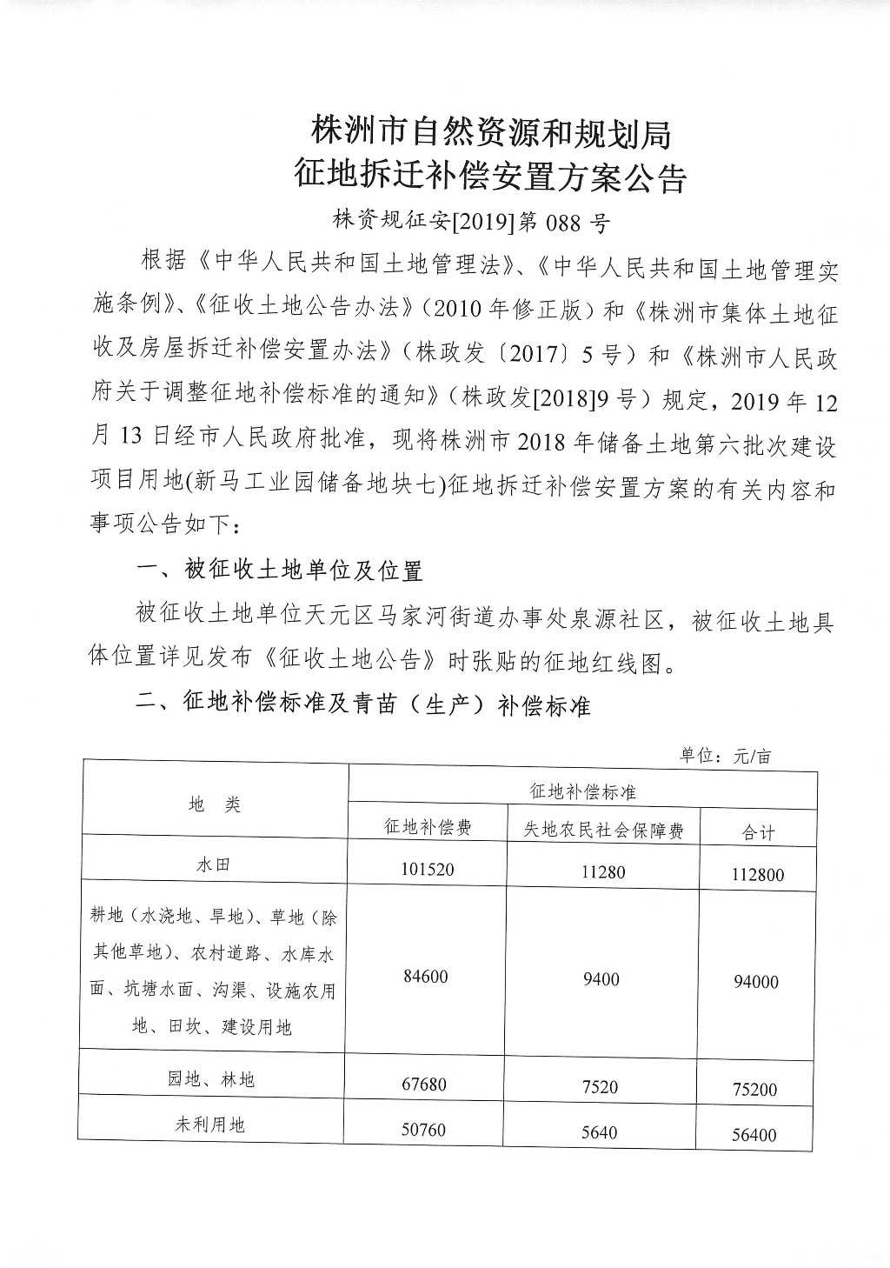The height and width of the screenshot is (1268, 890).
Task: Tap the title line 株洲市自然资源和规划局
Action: (490, 133)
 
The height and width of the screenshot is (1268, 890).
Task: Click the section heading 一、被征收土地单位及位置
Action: (281, 571)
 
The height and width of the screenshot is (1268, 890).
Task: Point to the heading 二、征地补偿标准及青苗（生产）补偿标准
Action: (364, 704)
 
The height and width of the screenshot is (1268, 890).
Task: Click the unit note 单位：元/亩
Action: (725, 756)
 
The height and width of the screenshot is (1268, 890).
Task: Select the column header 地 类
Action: (215, 805)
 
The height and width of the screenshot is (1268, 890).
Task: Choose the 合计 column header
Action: (758, 832)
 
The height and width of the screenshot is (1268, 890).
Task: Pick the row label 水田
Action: (215, 864)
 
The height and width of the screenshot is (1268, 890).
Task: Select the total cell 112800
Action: (757, 874)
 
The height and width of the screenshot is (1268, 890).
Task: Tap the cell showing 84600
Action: (426, 977)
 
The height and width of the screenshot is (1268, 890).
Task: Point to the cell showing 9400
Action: (601, 979)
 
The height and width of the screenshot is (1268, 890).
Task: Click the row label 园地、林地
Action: (211, 1080)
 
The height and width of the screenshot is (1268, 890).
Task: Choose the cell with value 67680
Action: (426, 1084)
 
